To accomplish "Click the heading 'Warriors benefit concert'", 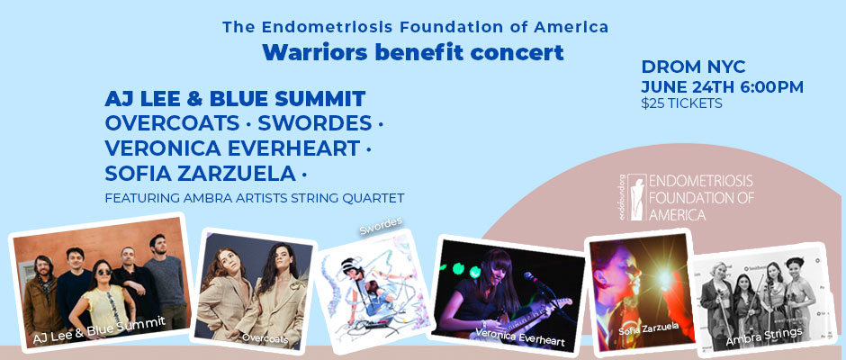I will point(413,53).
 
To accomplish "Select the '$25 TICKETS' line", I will point(681,103).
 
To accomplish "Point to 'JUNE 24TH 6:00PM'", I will point(722,86).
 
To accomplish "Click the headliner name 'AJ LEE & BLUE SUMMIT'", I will point(235,98).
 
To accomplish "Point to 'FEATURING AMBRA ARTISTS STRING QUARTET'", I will point(255,197).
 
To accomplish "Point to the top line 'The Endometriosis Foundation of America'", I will point(415,27).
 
